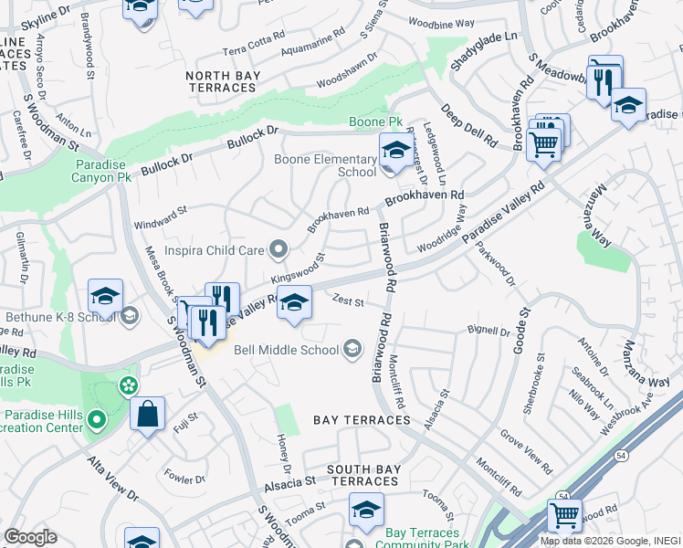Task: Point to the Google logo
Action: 30,537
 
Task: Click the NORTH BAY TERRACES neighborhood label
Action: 220,81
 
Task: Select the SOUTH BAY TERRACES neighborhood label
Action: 363,475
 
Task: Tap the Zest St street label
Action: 348,300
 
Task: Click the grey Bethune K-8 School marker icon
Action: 130,316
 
